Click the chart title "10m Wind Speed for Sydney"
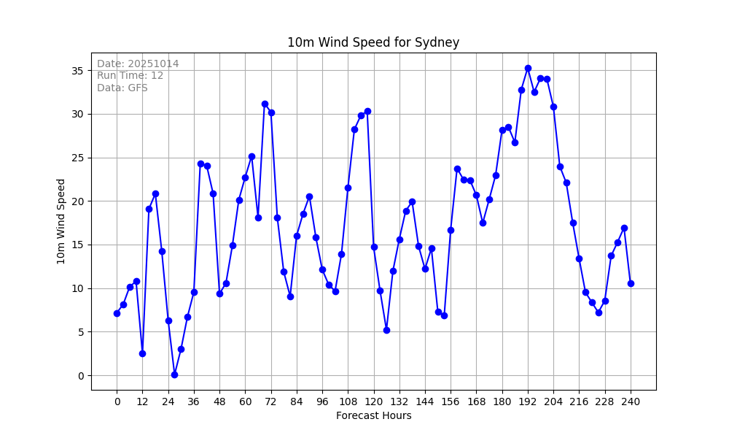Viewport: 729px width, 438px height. click(x=373, y=42)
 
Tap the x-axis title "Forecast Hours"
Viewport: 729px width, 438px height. click(x=373, y=415)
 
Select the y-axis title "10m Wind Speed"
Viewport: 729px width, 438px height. click(x=61, y=221)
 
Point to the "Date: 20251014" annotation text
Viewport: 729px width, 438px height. click(x=138, y=64)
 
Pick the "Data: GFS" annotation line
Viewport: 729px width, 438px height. click(x=122, y=88)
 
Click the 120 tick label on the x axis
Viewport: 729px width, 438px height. click(x=373, y=401)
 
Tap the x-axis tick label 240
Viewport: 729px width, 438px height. click(x=631, y=401)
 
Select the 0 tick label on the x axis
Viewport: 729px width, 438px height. click(x=117, y=401)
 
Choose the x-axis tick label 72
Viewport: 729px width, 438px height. click(x=270, y=401)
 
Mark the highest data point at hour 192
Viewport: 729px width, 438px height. click(x=528, y=68)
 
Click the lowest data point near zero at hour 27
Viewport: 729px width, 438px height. click(x=174, y=374)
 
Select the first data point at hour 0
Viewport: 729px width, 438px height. click(x=117, y=313)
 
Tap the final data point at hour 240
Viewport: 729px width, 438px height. click(x=631, y=283)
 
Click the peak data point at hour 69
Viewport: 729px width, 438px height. click(x=265, y=104)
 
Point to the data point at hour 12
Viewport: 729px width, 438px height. click(x=142, y=353)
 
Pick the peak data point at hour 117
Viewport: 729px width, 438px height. click(x=367, y=111)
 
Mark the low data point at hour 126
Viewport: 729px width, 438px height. click(x=386, y=330)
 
